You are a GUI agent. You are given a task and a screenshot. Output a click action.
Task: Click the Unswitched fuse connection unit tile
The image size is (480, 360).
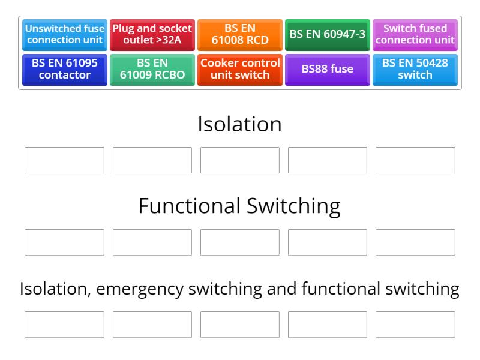coord(65,34)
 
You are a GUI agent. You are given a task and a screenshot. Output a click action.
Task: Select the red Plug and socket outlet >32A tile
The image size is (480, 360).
coord(152,34)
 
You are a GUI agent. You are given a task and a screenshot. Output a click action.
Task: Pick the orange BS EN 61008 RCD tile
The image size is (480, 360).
coord(240,34)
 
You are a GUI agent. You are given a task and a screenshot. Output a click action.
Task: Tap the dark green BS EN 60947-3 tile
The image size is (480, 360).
coord(328,34)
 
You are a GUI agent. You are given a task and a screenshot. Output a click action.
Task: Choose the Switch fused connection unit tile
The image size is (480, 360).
coord(415,34)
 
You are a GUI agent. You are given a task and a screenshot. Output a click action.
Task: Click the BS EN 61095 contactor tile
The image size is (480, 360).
coord(65,69)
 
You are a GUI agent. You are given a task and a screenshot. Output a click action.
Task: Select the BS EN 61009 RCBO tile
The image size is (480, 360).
coord(152,69)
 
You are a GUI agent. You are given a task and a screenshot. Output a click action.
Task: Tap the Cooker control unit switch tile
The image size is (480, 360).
coord(240,69)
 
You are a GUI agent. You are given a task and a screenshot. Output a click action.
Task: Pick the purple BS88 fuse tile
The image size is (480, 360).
coord(328,69)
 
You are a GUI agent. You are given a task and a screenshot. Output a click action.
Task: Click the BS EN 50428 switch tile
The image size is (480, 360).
coord(415,69)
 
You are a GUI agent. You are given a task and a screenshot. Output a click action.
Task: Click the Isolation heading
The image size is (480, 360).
coord(239,124)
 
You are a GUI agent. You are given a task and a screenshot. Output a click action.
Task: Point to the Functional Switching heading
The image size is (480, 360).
coord(239,206)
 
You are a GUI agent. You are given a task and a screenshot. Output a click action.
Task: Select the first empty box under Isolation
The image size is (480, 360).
coord(64,160)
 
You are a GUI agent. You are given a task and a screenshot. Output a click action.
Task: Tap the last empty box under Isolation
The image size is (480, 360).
coord(415,160)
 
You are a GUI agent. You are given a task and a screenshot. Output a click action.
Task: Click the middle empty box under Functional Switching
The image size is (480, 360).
coord(240,242)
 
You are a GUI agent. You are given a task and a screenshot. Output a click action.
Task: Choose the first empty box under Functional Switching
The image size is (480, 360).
coord(64,242)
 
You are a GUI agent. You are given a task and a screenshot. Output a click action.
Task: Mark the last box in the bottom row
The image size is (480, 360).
coord(415,325)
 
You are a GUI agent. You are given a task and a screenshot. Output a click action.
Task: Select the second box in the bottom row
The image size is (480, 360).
coord(152,325)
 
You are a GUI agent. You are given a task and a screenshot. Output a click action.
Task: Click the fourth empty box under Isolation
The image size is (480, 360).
coord(328,160)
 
